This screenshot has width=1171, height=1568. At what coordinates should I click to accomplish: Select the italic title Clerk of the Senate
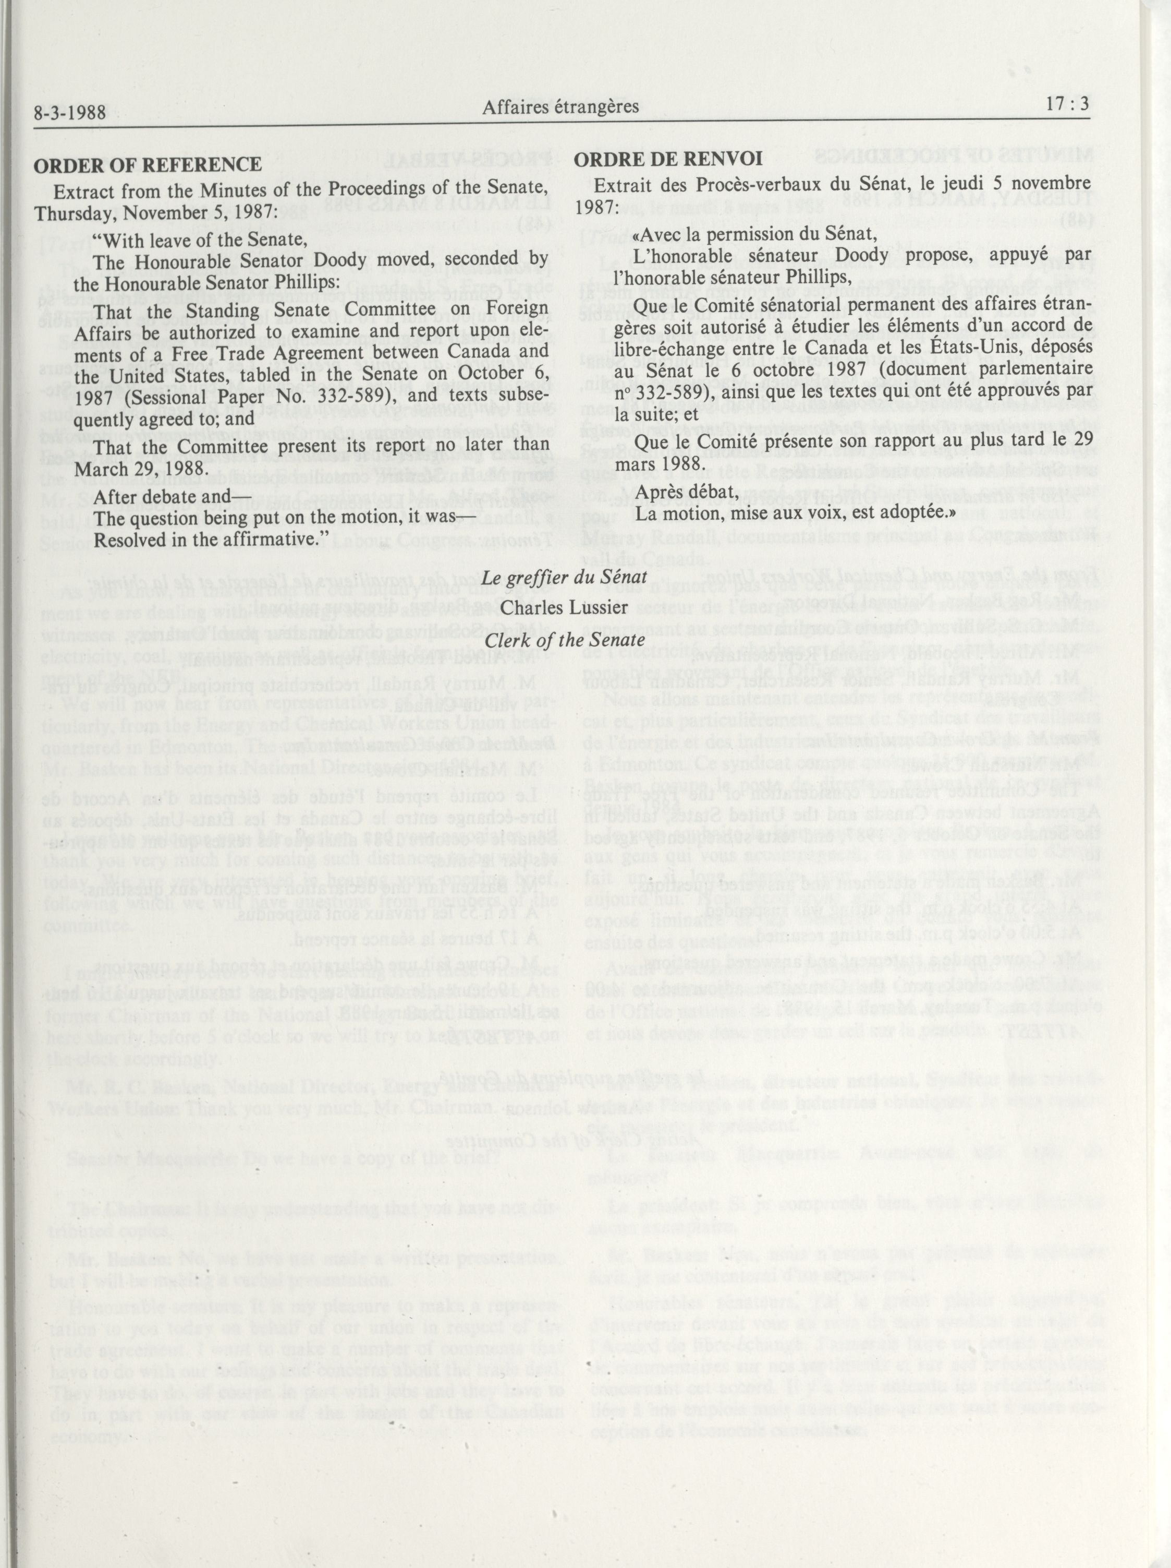565,639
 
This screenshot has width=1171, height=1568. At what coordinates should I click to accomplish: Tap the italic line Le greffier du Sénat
565,577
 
